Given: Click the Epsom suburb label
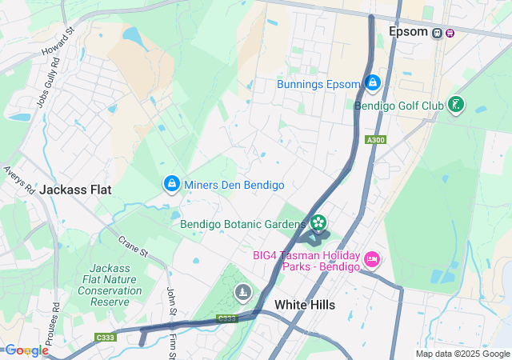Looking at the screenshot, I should pyautogui.click(x=408, y=32).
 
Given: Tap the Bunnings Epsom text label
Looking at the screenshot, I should pyautogui.click(x=318, y=83).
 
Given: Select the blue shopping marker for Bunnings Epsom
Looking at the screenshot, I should pyautogui.click(x=373, y=82).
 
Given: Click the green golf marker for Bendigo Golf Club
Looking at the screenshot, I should pyautogui.click(x=456, y=105).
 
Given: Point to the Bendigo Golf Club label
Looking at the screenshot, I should pyautogui.click(x=398, y=105).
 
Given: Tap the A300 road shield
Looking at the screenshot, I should pyautogui.click(x=374, y=140).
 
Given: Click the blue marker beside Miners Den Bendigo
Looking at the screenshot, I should pyautogui.click(x=171, y=184).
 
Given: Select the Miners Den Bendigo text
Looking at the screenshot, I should pyautogui.click(x=234, y=185).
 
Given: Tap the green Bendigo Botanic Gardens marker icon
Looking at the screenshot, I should pyautogui.click(x=318, y=222).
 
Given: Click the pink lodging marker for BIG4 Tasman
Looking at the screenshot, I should pyautogui.click(x=372, y=258).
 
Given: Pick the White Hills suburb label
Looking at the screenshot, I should pyautogui.click(x=305, y=305).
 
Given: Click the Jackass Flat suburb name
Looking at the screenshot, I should pyautogui.click(x=75, y=190).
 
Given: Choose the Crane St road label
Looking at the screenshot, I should pyautogui.click(x=134, y=246).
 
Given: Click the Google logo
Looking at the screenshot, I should pyautogui.click(x=26, y=350).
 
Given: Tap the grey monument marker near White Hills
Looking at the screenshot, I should pyautogui.click(x=242, y=293).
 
